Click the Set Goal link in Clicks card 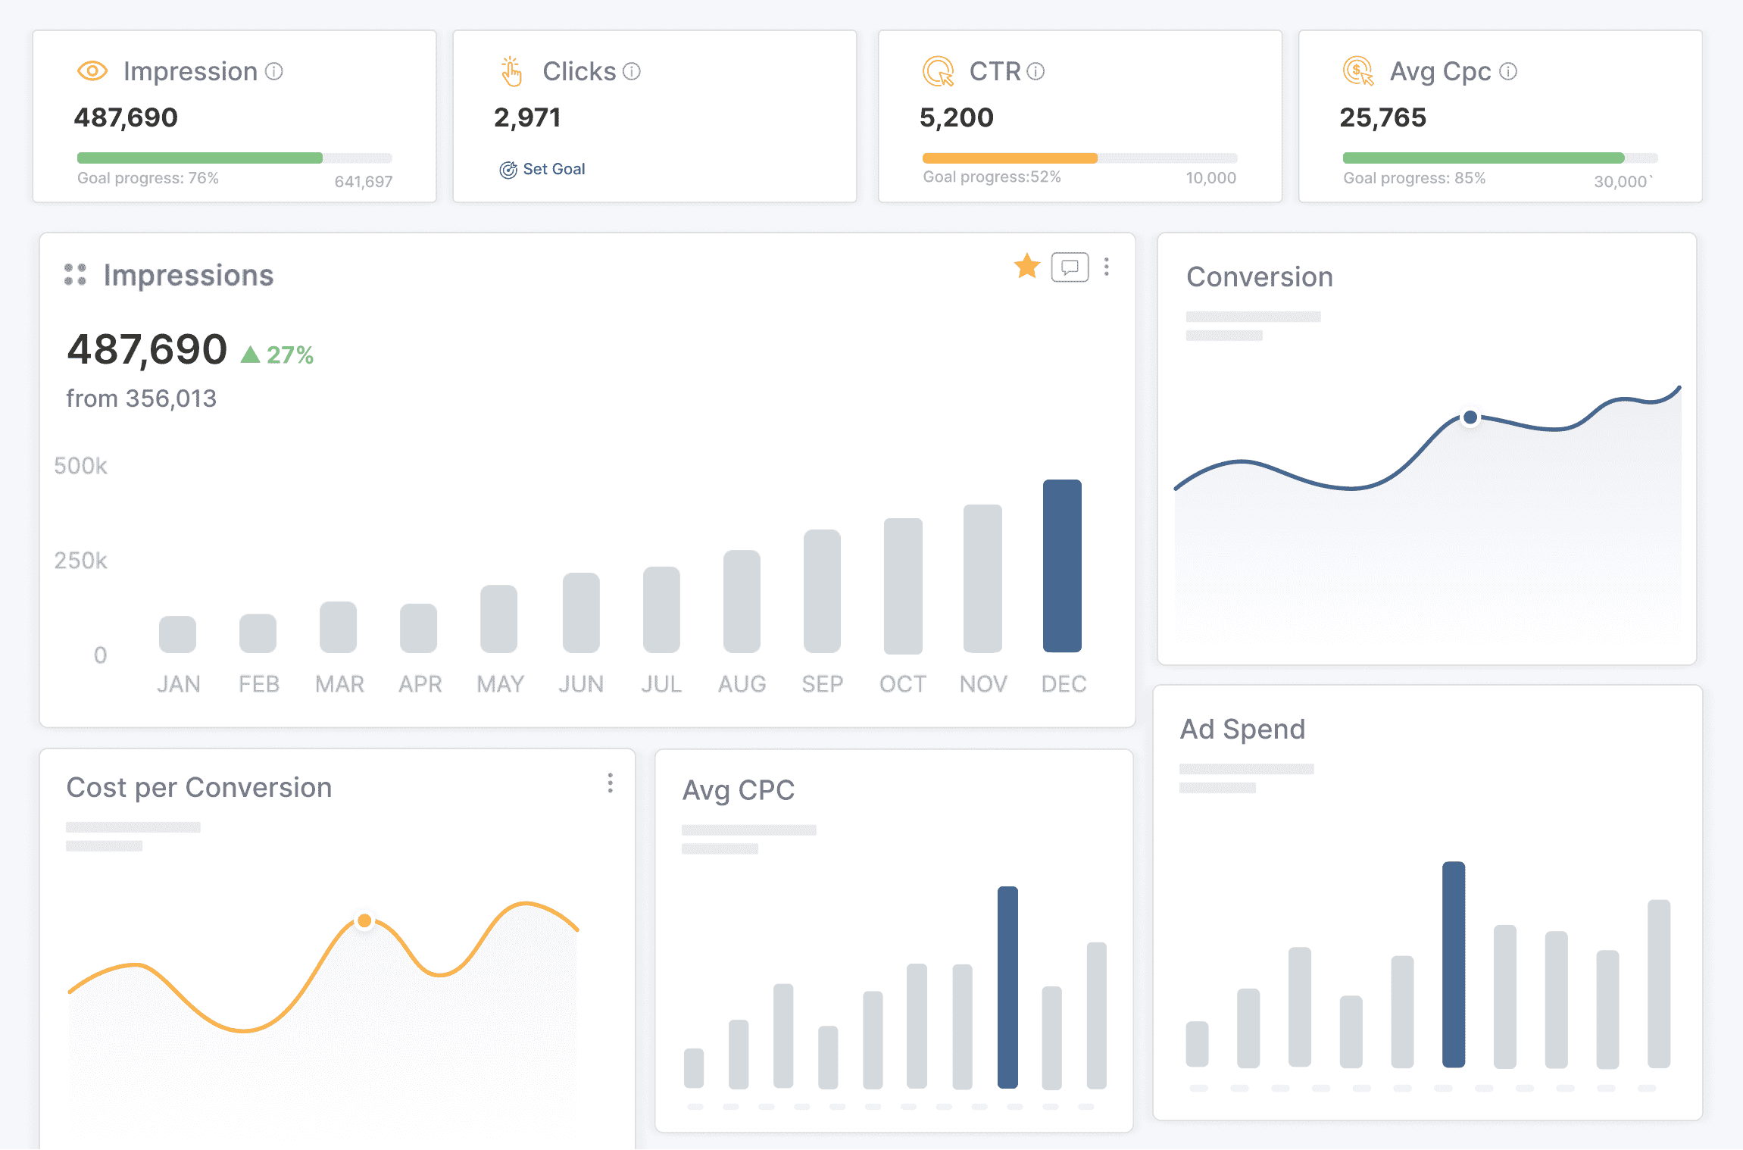coord(543,169)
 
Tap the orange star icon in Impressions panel coord(1026,266)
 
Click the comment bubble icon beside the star coord(1070,267)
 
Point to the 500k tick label coord(80,465)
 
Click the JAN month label coord(179,684)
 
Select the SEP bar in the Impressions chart coord(822,590)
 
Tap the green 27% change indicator coord(277,355)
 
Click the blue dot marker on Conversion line coord(1470,417)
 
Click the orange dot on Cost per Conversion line coord(364,920)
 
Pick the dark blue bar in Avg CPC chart coord(1007,986)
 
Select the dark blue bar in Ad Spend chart coord(1453,964)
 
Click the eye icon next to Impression coord(92,71)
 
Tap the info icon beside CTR coord(1035,71)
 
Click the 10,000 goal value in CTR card coord(1210,178)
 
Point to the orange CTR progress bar coord(1009,158)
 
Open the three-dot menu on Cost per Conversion coord(610,783)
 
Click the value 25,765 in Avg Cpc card coord(1382,117)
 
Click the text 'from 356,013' coord(142,398)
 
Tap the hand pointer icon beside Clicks coord(511,71)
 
